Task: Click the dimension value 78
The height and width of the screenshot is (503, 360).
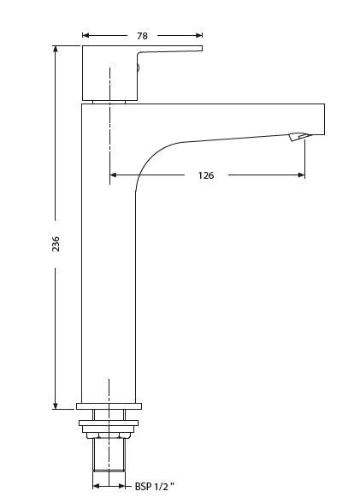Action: click(x=142, y=36)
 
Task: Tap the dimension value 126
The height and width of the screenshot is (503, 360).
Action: click(x=205, y=175)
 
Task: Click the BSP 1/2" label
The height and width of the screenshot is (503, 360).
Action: click(x=155, y=486)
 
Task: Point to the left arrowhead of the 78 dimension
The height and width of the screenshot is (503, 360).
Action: click(x=86, y=36)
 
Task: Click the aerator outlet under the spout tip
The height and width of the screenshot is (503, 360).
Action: click(x=298, y=137)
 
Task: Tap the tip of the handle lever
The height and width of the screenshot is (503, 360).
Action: click(x=200, y=49)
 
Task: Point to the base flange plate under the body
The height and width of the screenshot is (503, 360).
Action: click(x=109, y=405)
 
